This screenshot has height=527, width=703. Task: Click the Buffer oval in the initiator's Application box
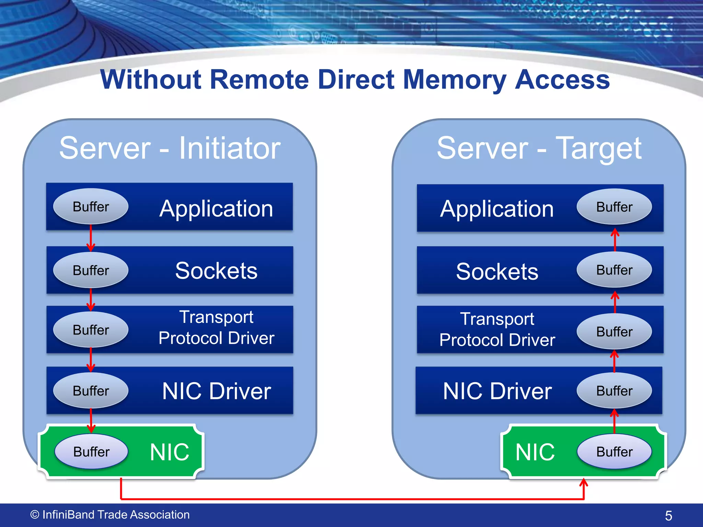tap(91, 207)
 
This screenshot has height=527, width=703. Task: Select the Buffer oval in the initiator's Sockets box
tap(91, 270)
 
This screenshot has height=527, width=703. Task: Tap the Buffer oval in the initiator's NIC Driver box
tap(91, 390)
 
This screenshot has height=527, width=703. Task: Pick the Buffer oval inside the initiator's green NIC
tap(91, 452)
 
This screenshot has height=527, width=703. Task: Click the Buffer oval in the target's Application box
tap(614, 207)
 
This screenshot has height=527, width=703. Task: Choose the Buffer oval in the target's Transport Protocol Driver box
tap(614, 331)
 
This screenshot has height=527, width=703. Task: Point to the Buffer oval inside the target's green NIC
tap(614, 452)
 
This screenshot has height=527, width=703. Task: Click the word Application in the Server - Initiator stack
tap(216, 209)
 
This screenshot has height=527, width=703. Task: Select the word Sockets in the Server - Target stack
tap(497, 271)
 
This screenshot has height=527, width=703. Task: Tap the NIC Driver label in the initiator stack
tap(217, 391)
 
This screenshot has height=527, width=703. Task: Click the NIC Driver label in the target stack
tap(497, 391)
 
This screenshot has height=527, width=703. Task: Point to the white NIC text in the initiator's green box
tap(170, 452)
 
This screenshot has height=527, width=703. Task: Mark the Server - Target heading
tap(539, 148)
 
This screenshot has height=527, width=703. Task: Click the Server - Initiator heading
tap(170, 148)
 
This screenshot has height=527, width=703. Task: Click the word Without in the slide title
tap(151, 80)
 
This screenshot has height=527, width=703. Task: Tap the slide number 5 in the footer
tap(668, 516)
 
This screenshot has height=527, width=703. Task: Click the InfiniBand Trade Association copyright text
tap(110, 515)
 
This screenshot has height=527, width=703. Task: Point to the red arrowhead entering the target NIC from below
tap(584, 483)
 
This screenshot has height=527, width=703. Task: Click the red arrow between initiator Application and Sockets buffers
tap(91, 238)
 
